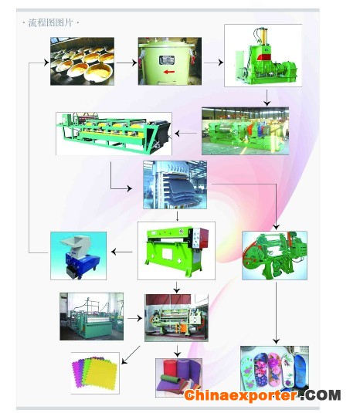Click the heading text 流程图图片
[50, 23]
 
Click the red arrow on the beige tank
[169, 72]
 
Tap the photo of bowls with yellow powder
[82, 61]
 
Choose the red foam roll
[170, 370]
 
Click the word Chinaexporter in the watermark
[241, 395]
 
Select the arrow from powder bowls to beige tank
[127, 63]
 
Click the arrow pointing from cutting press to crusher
[122, 252]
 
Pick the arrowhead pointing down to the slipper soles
[277, 341]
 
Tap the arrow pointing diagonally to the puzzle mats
[131, 355]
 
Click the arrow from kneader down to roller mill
[267, 98]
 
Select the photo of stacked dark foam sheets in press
[175, 185]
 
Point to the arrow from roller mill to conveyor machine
[186, 134]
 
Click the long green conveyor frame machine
[114, 134]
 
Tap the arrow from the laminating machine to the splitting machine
[135, 319]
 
